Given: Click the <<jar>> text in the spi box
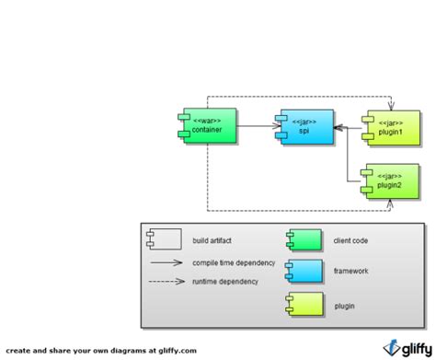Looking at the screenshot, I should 304,121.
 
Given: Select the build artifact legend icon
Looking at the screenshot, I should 163,240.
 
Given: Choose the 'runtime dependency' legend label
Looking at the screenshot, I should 225,281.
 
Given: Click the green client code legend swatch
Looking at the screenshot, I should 304,241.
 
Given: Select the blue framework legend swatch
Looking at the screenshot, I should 304,272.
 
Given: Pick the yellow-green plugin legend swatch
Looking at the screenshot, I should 304,304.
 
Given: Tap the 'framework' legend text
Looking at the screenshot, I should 350,272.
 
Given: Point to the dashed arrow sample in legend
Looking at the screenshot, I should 164,281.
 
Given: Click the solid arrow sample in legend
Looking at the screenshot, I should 164,262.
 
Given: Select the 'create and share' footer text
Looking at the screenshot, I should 101,350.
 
